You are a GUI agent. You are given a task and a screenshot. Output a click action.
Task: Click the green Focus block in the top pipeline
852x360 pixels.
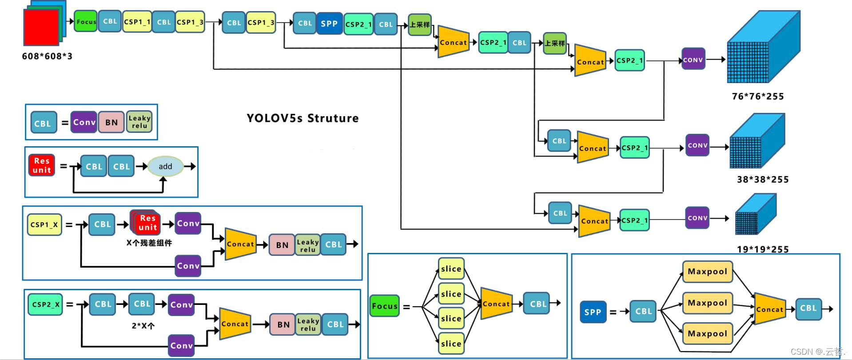85,22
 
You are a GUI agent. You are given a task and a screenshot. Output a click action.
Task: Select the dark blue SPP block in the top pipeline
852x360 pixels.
329,24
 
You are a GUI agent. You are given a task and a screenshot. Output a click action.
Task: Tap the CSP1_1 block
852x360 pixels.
137,22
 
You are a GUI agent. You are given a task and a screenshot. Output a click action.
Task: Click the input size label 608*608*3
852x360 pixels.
47,56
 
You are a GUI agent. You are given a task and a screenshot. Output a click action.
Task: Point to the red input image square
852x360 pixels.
41,28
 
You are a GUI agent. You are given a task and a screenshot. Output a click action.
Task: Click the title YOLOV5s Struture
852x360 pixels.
303,118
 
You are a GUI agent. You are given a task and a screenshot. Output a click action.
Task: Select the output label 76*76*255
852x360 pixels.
758,96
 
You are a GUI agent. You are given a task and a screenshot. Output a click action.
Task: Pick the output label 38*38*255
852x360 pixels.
763,180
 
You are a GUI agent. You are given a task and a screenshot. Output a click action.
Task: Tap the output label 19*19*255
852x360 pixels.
763,249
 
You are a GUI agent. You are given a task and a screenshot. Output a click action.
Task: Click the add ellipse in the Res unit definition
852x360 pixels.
165,166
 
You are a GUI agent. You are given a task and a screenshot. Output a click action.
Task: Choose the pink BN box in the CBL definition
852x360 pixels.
111,123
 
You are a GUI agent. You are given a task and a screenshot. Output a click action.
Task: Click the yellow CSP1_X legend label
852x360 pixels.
44,224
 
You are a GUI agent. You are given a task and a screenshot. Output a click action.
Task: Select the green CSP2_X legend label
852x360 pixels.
45,304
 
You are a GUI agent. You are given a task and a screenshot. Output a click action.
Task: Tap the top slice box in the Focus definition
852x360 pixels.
451,268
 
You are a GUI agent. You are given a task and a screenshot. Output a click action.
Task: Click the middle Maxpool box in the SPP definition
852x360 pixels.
707,303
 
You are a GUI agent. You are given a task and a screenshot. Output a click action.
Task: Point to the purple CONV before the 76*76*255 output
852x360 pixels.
693,60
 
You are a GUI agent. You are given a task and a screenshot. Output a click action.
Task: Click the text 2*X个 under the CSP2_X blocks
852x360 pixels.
143,326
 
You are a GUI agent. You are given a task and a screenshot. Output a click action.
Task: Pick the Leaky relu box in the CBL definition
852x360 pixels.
139,122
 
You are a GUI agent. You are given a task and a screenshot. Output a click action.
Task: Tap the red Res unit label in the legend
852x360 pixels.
42,165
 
